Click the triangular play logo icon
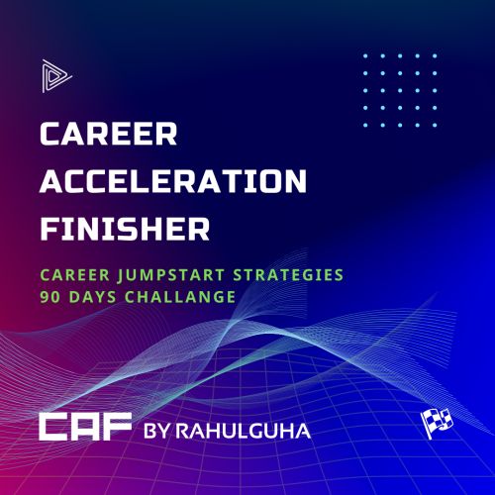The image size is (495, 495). click(53, 76)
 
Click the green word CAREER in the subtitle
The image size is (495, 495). click(71, 272)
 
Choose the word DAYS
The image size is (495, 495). click(95, 296)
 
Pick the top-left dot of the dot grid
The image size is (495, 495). click(366, 56)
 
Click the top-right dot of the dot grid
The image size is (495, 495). click(435, 56)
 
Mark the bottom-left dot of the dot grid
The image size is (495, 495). click(366, 125)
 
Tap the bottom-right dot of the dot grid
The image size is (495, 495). click(435, 125)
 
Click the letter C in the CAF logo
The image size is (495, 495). click(52, 428)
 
